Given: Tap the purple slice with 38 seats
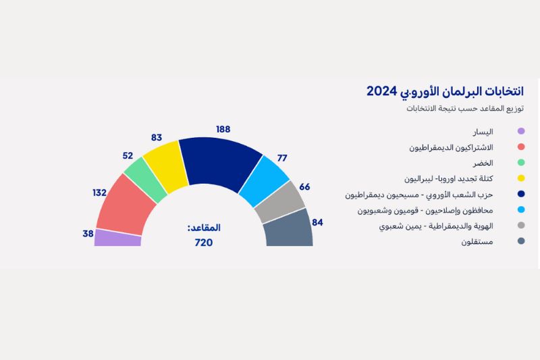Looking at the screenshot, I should click(117, 238).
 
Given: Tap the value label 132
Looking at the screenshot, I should click(100, 192).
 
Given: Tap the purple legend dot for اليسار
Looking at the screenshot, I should click(520, 132).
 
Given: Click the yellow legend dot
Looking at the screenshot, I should click(520, 179).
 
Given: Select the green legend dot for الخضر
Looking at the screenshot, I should click(520, 163).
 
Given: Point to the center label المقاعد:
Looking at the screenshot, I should click(204, 228).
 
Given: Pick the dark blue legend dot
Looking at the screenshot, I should click(520, 195).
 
